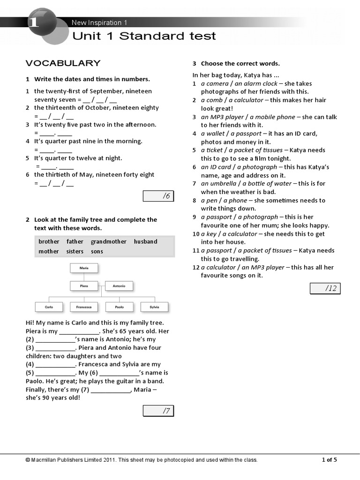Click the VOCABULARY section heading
click(x=63, y=63)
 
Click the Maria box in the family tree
click(x=84, y=268)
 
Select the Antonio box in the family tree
click(x=119, y=285)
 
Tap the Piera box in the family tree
click(x=84, y=285)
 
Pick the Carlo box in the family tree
click(x=49, y=307)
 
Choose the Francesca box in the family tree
click(x=84, y=307)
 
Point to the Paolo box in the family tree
click(x=119, y=307)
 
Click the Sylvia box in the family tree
click(x=154, y=307)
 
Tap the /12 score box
click(x=325, y=288)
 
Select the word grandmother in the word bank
click(x=108, y=241)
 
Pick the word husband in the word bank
click(x=145, y=241)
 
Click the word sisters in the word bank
click(x=75, y=251)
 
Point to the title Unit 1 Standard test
click(x=144, y=36)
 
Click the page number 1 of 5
click(x=329, y=460)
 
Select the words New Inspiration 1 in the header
click(x=99, y=22)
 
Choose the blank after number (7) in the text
click(x=111, y=390)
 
